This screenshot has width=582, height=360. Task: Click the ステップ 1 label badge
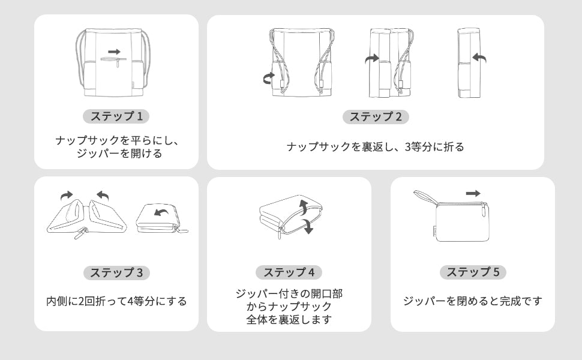tap(116, 116)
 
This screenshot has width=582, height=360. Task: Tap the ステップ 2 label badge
tap(376, 116)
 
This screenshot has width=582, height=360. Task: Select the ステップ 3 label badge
tap(116, 273)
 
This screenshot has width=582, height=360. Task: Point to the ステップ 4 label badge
tap(289, 272)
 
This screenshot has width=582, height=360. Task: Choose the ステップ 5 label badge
tap(473, 272)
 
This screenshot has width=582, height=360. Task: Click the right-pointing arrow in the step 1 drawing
tap(115, 52)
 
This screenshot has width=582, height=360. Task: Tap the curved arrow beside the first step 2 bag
tap(268, 79)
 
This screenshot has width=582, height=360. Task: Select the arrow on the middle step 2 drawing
tap(371, 59)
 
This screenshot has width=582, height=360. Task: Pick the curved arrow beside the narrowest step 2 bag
tap(480, 57)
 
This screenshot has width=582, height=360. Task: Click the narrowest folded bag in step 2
tap(469, 63)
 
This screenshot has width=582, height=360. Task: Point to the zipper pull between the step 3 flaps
tap(81, 233)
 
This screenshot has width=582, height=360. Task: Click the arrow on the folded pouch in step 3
tap(161, 212)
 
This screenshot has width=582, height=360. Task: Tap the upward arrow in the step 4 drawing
tap(304, 207)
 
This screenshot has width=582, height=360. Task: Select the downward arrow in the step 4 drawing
tap(307, 226)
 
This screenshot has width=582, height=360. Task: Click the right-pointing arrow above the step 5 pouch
tap(473, 193)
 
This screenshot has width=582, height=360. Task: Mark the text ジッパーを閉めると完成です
tap(473, 301)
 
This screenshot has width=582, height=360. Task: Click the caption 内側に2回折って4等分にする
tap(116, 301)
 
